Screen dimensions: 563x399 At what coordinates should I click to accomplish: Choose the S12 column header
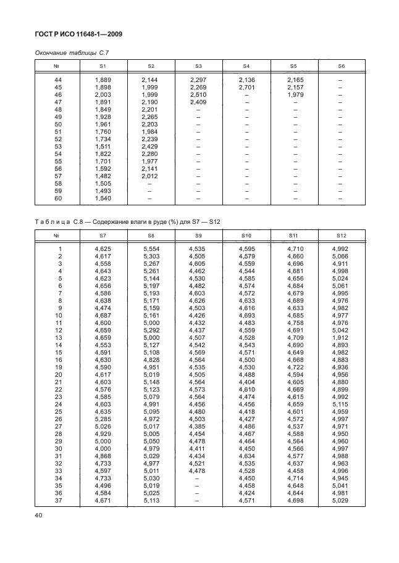pyautogui.click(x=341, y=235)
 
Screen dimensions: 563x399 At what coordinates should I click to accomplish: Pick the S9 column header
pyautogui.click(x=198, y=235)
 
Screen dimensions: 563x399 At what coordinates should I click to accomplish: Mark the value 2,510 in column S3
pyautogui.click(x=198, y=94)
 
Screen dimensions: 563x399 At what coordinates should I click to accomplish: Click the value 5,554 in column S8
pyautogui.click(x=151, y=249)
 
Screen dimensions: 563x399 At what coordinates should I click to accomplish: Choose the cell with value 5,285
pyautogui.click(x=103, y=420)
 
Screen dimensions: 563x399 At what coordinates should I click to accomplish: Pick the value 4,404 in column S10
pyautogui.click(x=246, y=383)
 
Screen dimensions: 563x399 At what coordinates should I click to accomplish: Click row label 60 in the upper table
pyautogui.click(x=58, y=198)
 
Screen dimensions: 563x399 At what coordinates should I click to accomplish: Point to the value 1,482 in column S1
pyautogui.click(x=103, y=176)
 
